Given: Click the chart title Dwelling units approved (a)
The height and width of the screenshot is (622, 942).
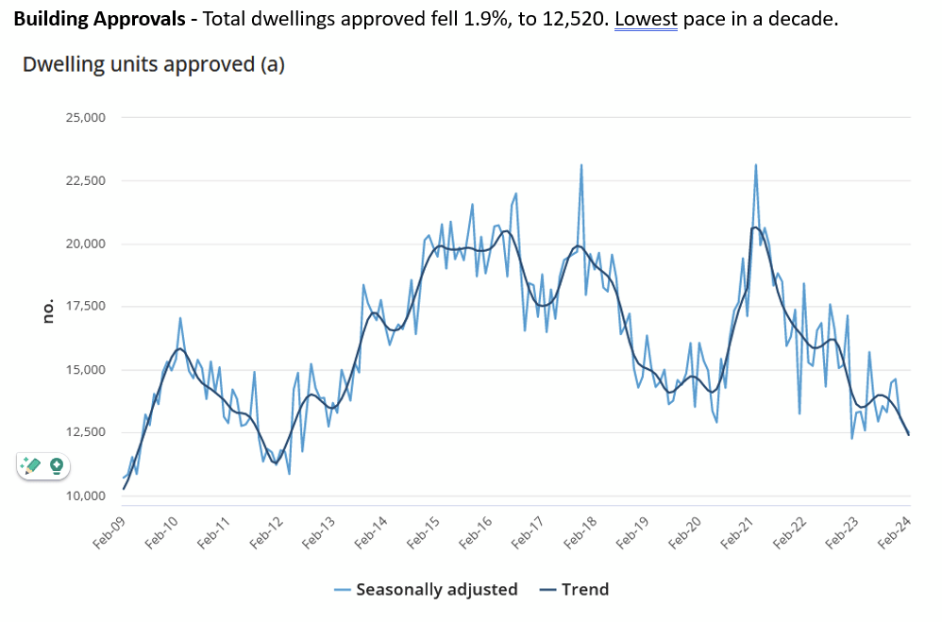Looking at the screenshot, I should pos(153,65).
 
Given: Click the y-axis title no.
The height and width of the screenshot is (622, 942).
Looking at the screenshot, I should pos(49,312).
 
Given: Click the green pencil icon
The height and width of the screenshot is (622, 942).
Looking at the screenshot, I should pos(32,465).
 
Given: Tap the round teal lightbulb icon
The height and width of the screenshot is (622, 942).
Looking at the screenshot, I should pos(57,465).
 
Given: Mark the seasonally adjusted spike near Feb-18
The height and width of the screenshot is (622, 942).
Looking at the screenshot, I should pos(581,165).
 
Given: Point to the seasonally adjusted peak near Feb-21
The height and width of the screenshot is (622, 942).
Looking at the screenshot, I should pos(756,165).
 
